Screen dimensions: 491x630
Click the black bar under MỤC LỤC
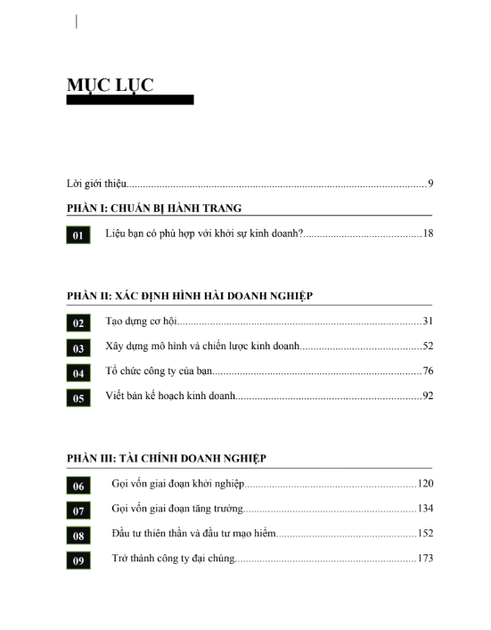(130, 100)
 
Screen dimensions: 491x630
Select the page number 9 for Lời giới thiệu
(430, 184)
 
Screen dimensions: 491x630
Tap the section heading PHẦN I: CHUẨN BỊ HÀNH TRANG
(154, 208)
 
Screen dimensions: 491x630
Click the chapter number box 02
(78, 323)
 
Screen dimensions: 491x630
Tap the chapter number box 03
(78, 348)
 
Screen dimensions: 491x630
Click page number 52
(427, 346)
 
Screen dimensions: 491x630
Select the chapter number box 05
(78, 398)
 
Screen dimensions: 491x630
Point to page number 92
(427, 396)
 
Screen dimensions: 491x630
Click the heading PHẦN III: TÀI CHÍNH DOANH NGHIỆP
(167, 458)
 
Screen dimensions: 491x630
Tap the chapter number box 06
(78, 486)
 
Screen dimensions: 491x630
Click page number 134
(424, 508)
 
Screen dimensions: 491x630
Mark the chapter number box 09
(78, 560)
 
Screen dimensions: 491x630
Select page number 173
(424, 558)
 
